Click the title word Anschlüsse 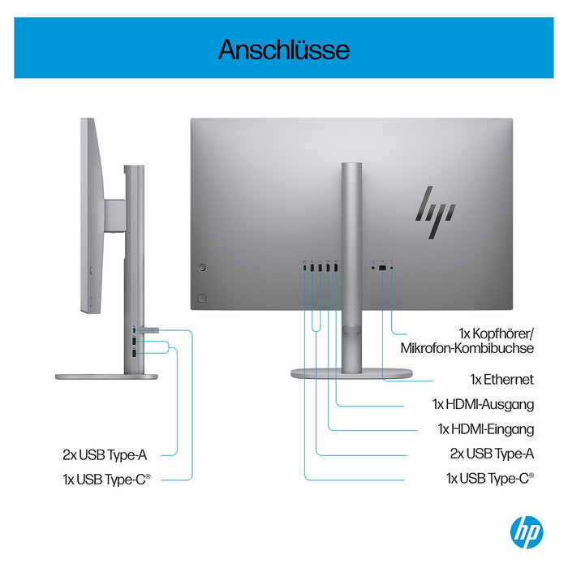283,49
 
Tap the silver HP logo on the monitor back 434,204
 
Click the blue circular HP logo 526,531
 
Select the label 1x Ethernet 501,379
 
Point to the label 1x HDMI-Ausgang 483,404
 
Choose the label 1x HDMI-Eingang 485,428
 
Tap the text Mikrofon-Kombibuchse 467,348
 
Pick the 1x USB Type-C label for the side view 106,479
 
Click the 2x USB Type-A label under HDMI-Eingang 492,454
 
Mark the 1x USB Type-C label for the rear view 490,479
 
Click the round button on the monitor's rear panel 203,266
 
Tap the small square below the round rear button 203,296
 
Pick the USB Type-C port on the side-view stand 133,329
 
